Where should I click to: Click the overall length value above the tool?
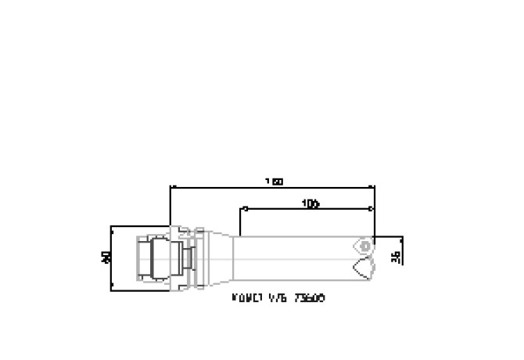pyautogui.click(x=273, y=182)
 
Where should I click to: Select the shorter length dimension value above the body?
pyautogui.click(x=310, y=203)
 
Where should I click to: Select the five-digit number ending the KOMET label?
pyautogui.click(x=311, y=298)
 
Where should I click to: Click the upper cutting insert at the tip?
pyautogui.click(x=364, y=244)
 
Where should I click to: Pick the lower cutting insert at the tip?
pyautogui.click(x=362, y=268)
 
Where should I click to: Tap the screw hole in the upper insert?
pyautogui.click(x=364, y=243)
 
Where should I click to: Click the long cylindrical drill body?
pyautogui.click(x=297, y=257)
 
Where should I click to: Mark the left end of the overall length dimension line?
pyautogui.click(x=170, y=188)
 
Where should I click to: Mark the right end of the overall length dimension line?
pyautogui.click(x=375, y=188)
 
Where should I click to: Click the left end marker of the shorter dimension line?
pyautogui.click(x=245, y=209)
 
